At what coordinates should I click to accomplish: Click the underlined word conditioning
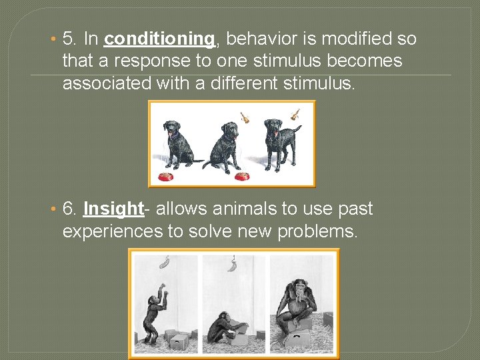coord(159,39)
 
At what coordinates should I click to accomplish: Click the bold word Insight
coord(113,209)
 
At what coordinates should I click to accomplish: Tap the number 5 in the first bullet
coord(67,39)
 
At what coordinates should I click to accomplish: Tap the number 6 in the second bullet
coord(68,209)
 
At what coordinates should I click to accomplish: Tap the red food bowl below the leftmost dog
coord(165,177)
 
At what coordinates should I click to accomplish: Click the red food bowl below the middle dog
coord(242,177)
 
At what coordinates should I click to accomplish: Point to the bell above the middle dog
coord(245,117)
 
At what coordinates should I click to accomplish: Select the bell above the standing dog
coord(295,115)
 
